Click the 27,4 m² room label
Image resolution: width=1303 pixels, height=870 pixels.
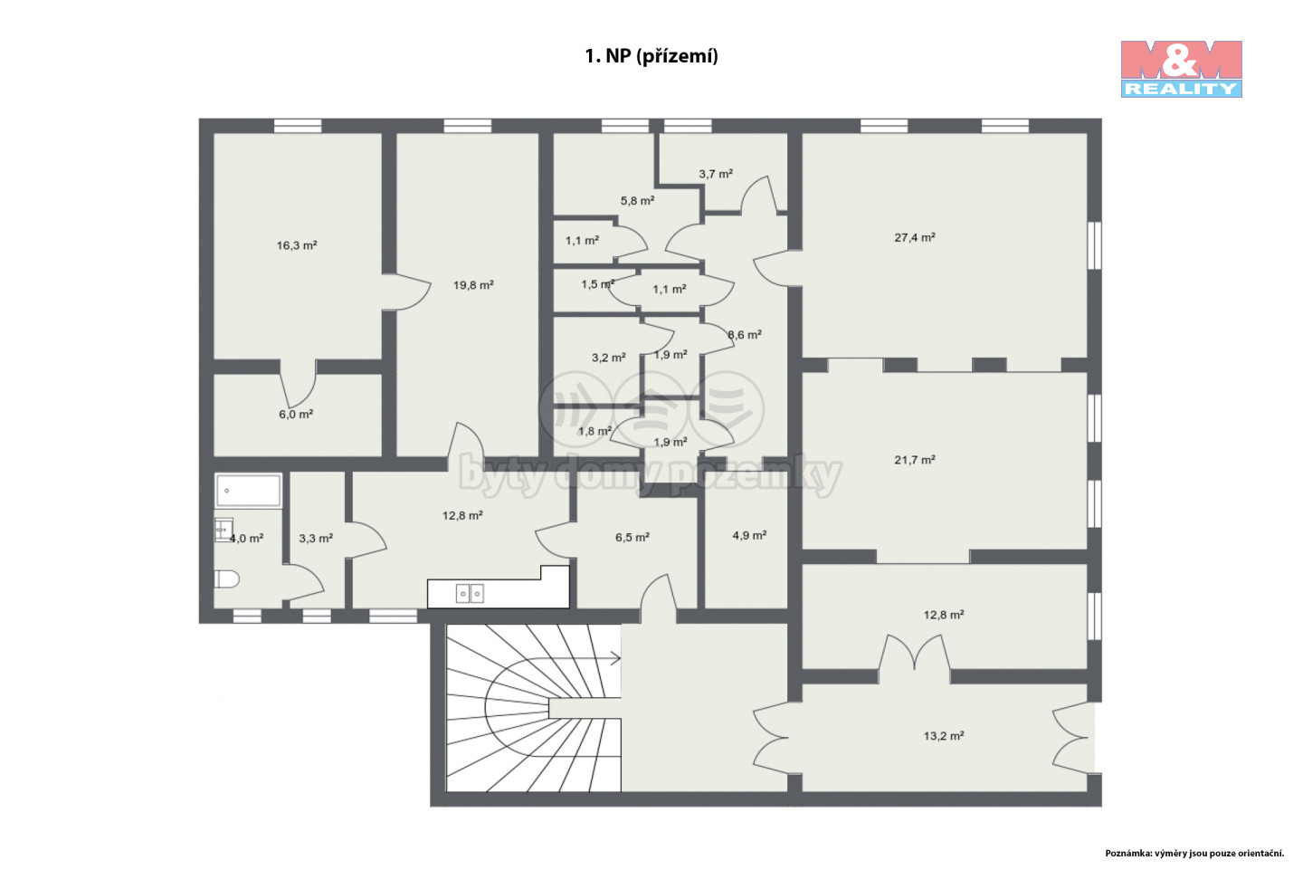tap(915, 237)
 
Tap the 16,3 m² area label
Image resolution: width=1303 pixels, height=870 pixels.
tap(297, 245)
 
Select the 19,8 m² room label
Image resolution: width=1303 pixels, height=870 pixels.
tap(473, 285)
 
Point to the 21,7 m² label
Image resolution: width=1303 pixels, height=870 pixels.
tap(915, 460)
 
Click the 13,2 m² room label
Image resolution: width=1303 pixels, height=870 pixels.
tap(944, 736)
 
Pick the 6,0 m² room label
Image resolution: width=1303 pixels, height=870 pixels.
tap(296, 415)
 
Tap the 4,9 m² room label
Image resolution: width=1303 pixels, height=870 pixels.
tap(749, 535)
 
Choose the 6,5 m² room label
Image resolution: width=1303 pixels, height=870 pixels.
tap(632, 537)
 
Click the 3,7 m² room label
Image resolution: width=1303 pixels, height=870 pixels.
tap(716, 174)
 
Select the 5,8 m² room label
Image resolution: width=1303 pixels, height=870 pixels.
tap(638, 201)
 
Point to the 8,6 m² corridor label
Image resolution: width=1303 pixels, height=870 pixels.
tap(746, 335)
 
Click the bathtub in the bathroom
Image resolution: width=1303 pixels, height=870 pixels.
tap(248, 490)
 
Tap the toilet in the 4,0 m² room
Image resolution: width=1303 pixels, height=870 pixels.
tap(226, 579)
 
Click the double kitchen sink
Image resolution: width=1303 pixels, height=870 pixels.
tap(470, 593)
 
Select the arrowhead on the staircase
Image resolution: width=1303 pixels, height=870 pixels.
tap(615, 658)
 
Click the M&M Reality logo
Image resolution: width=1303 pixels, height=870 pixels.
tap(1181, 69)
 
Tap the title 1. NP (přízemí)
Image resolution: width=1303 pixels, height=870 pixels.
tap(651, 56)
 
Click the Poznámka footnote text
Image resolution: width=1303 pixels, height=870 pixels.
tap(1194, 853)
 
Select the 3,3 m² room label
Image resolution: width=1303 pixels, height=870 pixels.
tap(316, 539)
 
